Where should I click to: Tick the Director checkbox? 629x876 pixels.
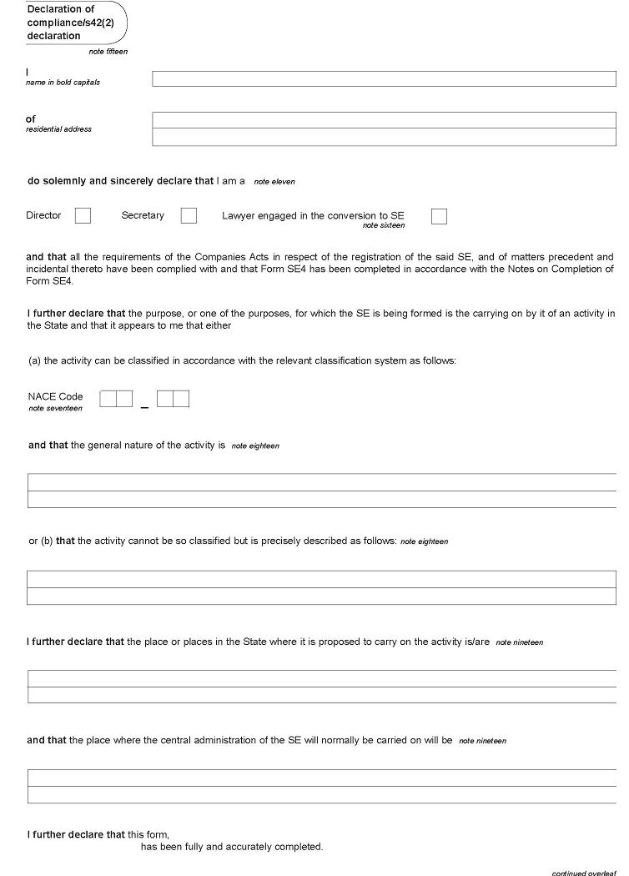coord(83,215)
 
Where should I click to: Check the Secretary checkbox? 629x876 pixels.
coord(189,215)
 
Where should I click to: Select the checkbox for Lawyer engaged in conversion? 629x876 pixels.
coord(439,216)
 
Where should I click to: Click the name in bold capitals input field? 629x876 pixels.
coord(384,78)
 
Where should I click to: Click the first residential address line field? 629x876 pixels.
coord(384,120)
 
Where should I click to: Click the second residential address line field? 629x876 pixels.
coord(384,137)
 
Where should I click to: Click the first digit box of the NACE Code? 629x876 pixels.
coord(108,399)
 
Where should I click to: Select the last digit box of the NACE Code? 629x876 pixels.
coord(181,399)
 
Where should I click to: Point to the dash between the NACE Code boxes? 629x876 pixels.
coord(144,407)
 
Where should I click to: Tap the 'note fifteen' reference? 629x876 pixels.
coord(108,52)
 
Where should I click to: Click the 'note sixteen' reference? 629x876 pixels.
coord(384,225)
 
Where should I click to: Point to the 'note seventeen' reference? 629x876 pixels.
coord(55,408)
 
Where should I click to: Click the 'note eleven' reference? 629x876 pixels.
coord(274,182)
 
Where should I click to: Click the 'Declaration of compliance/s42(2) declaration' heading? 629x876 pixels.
coord(62,23)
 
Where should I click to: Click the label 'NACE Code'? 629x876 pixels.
coord(55,396)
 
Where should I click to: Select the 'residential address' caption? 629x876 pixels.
coord(58,129)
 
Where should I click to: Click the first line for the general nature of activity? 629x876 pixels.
coord(322,482)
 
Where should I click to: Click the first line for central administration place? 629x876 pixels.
coord(322,778)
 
